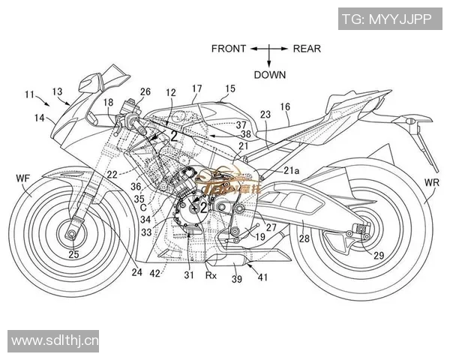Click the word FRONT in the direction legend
[x=229, y=49]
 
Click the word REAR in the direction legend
[x=307, y=49]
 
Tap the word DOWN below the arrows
[x=269, y=74]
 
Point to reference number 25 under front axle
[x=73, y=255]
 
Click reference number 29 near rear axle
[x=379, y=256]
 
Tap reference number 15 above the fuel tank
[x=229, y=88]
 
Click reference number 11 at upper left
[x=29, y=94]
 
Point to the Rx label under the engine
[x=212, y=274]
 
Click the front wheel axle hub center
[x=73, y=235]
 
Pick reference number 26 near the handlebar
[x=145, y=91]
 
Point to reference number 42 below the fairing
[x=154, y=274]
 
